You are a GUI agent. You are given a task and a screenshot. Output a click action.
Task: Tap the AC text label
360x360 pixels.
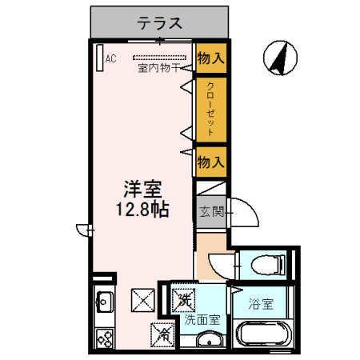point(110,58)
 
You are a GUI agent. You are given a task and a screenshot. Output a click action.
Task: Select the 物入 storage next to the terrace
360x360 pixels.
point(210,58)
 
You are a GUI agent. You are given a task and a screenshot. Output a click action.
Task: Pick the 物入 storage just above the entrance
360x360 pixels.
point(210,162)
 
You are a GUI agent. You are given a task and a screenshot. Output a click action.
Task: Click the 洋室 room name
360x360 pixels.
point(142,190)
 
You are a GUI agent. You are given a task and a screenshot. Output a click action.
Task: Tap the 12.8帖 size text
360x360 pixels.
point(142,213)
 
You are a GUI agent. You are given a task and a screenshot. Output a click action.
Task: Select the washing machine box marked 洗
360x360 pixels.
point(184,300)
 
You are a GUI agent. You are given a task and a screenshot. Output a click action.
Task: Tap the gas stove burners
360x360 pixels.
point(103,338)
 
